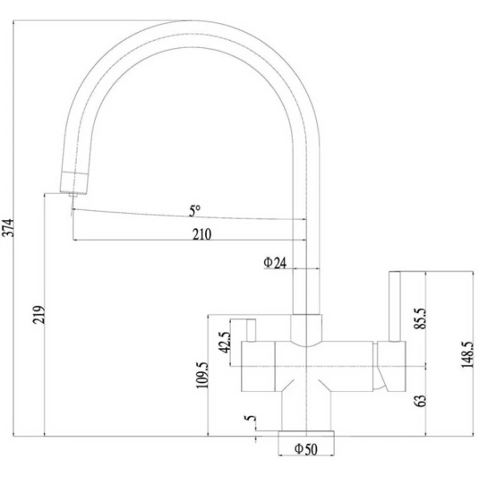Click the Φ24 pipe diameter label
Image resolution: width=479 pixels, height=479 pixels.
pos(275,263)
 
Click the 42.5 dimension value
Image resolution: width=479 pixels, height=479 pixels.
pos(224,341)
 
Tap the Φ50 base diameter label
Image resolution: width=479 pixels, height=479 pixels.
pos(306,449)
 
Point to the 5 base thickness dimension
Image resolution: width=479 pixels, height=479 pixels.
pos(251,418)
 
